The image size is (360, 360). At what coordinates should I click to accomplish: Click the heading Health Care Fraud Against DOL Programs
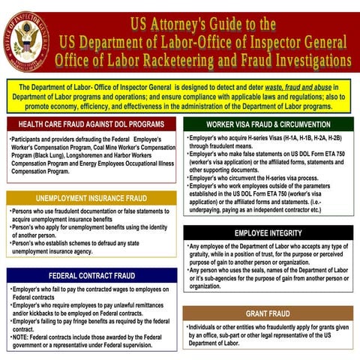91,124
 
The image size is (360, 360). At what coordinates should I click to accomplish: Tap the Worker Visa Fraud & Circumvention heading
268,124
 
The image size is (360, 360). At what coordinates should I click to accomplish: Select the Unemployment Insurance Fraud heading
91,198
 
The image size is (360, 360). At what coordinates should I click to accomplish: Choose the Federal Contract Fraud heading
91,275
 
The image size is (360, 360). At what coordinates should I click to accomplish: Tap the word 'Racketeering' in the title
202,59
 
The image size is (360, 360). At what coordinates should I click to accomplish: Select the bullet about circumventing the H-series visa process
255,178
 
